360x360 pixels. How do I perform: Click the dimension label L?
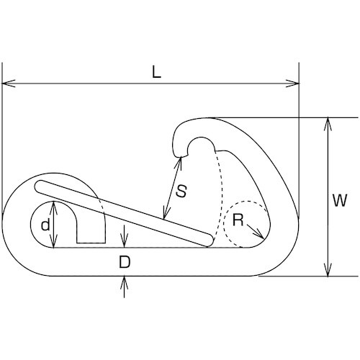coord(156,72)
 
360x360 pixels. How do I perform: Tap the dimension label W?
coord(340,200)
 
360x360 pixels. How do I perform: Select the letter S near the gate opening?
coord(181,192)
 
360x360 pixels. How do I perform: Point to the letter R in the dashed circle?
coord(238,220)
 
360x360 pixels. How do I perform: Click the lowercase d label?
coord(45,225)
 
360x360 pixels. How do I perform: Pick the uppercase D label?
coord(125,262)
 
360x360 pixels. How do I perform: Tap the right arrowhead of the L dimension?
coord(292,84)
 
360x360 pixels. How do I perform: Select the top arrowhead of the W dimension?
coord(328,124)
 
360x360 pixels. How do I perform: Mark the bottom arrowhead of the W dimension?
coord(328,270)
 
